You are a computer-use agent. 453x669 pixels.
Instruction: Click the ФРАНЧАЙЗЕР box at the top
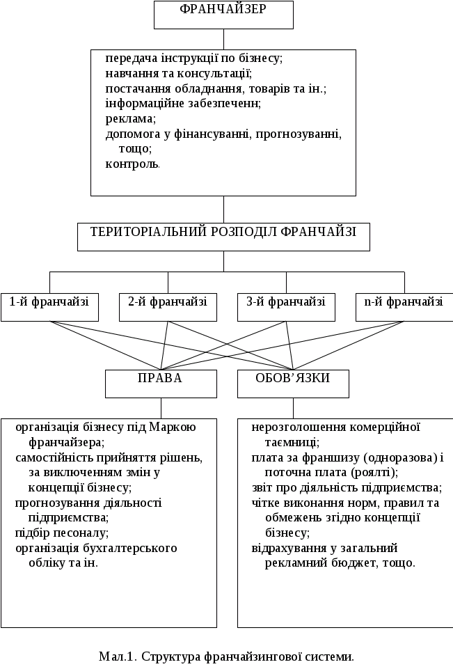tap(223, 15)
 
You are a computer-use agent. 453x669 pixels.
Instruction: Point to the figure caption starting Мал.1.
tap(227, 656)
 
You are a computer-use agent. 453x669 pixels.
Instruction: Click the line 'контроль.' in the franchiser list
tap(133, 164)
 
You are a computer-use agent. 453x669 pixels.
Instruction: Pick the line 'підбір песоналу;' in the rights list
tap(62, 533)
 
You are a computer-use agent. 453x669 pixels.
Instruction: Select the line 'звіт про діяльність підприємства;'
tap(347, 487)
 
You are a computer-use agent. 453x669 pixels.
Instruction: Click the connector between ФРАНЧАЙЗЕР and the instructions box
tap(223, 39)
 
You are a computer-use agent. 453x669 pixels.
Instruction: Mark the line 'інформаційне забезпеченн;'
tap(183, 104)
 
